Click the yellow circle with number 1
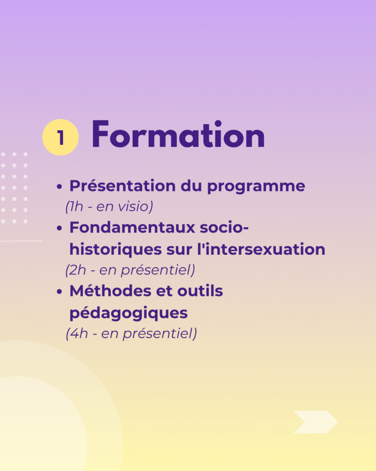[x=61, y=137]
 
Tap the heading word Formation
[x=178, y=134]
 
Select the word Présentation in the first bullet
[x=122, y=186]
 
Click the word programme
[x=256, y=187]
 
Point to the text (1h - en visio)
[x=109, y=207]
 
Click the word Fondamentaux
[x=132, y=227]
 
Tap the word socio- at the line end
[x=224, y=227]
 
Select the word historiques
[x=116, y=250]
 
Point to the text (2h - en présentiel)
[x=130, y=270]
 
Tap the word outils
[x=200, y=291]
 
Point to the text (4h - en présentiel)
[x=131, y=334]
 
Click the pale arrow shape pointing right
[x=316, y=422]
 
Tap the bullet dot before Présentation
[x=59, y=187]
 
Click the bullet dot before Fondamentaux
[x=59, y=228]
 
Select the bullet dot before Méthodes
[x=59, y=291]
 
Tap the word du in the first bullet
[x=191, y=186]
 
